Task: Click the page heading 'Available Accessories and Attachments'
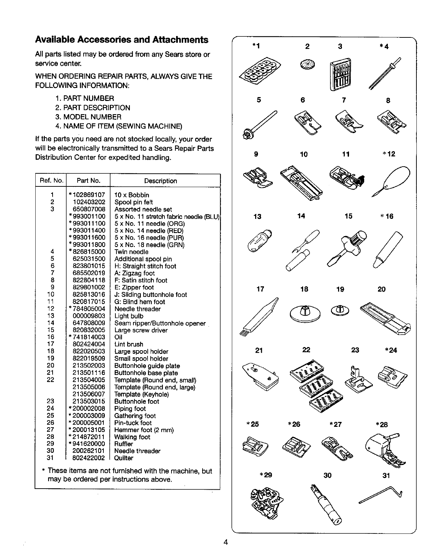coord(121,40)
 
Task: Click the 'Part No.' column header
coord(89,181)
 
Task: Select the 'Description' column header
coord(161,181)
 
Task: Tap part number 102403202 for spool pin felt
coord(89,202)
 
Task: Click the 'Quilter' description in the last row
coord(124,458)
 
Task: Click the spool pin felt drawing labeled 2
coord(307,64)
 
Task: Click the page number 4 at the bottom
coord(225,542)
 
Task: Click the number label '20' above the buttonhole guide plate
coord(381,290)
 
